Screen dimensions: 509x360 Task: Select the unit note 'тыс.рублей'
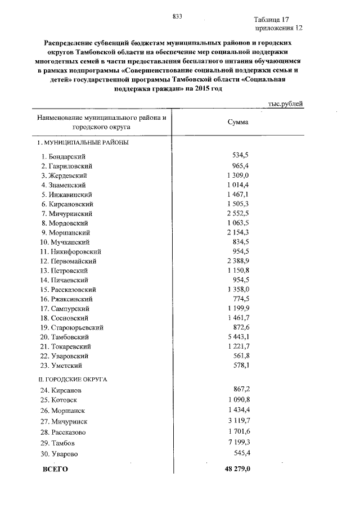[x=286, y=103]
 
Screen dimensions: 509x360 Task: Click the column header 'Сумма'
[x=237, y=122]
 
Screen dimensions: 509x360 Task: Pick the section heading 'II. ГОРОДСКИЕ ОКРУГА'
[x=73, y=379]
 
